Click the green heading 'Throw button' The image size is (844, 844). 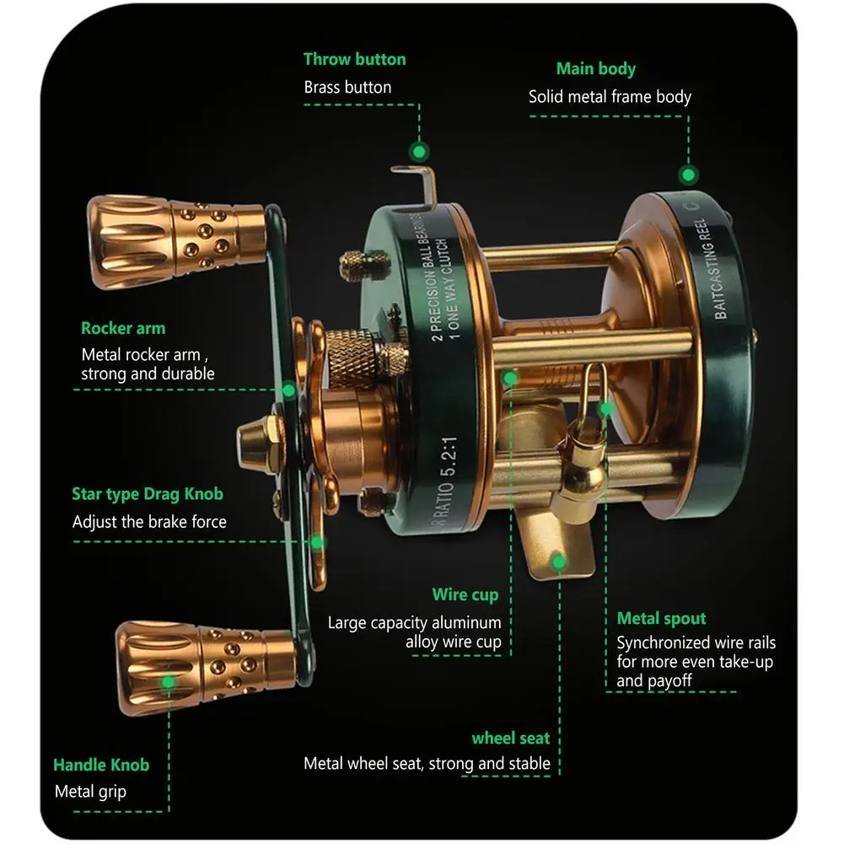[354, 59]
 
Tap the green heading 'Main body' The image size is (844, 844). [595, 69]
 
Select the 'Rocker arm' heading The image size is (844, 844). [123, 328]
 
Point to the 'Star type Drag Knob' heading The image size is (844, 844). [148, 494]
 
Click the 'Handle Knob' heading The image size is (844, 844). [101, 765]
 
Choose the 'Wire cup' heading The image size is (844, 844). [465, 594]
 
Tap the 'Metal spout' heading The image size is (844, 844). [661, 618]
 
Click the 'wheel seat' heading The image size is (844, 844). [510, 738]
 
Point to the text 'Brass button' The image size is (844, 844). [347, 87]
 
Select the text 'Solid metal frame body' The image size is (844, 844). [610, 97]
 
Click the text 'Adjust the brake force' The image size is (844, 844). [149, 522]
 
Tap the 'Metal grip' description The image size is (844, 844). [90, 792]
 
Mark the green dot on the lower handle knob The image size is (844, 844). [169, 681]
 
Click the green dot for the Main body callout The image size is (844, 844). [689, 175]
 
